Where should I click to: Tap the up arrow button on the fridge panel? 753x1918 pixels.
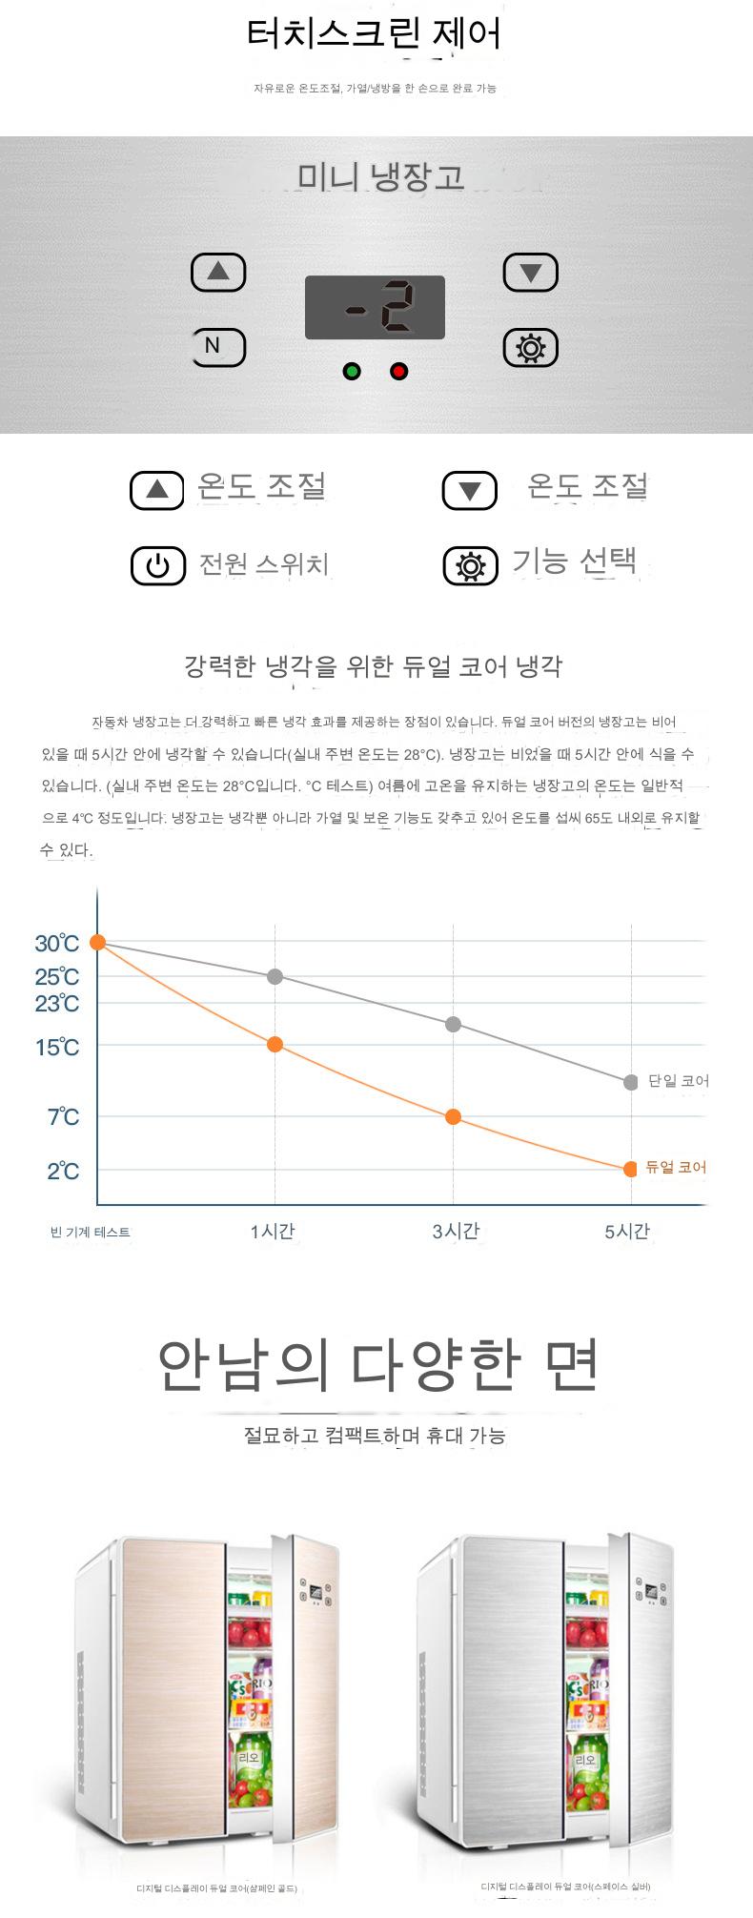[218, 273]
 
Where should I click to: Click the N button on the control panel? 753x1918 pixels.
[218, 346]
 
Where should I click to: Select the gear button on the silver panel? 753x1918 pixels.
[530, 348]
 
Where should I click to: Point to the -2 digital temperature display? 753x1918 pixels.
[375, 307]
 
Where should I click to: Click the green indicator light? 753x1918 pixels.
[352, 371]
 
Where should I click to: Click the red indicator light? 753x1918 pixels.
[399, 371]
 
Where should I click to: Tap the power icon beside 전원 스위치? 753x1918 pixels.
[157, 565]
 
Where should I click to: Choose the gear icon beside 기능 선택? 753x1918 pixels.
[470, 565]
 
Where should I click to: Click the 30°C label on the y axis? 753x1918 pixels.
[57, 944]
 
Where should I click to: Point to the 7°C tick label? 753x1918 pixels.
[63, 1116]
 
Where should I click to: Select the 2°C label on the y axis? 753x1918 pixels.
[63, 1171]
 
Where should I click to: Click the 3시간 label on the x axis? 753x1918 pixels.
[456, 1232]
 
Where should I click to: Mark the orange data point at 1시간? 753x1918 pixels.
[275, 1044]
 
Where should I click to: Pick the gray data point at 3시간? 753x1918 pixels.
[454, 1024]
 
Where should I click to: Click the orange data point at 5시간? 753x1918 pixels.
[630, 1169]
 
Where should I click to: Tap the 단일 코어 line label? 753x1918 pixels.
[678, 1081]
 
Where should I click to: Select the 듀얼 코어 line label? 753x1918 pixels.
[676, 1167]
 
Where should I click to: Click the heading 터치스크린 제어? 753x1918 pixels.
[374, 35]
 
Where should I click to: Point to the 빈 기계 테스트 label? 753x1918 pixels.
[90, 1232]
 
